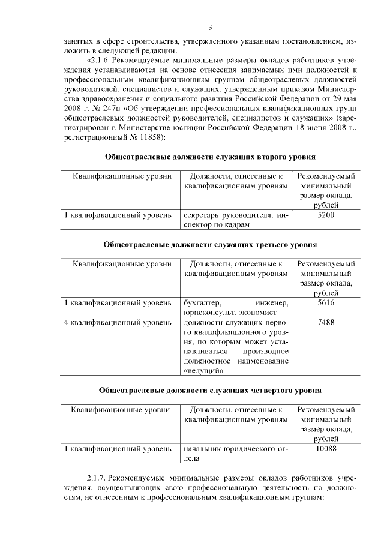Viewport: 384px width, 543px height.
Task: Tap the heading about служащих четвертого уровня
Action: click(x=210, y=390)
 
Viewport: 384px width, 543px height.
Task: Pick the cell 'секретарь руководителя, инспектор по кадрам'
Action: click(x=235, y=220)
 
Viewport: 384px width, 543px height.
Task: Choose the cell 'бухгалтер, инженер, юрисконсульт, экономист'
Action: click(x=235, y=308)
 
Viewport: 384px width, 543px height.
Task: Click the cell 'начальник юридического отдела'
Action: click(x=235, y=453)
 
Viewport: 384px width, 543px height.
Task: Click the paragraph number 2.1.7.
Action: click(x=96, y=478)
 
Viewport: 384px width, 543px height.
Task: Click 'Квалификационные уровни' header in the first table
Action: click(x=118, y=176)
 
